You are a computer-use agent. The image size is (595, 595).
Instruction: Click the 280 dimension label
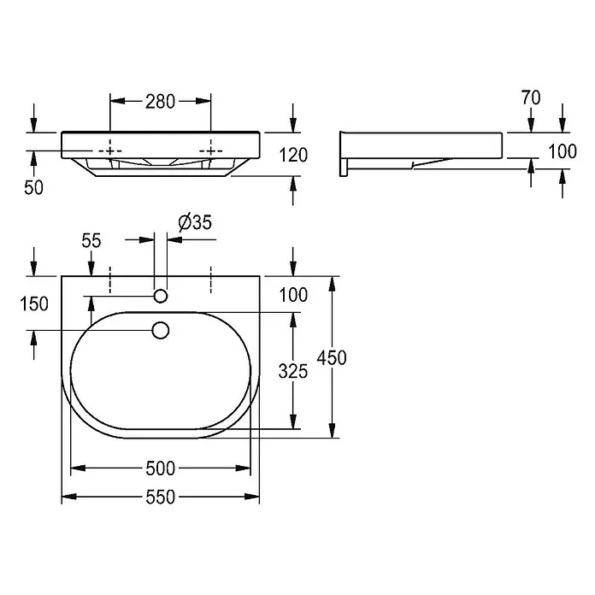tap(160, 102)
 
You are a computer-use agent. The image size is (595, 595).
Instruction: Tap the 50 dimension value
tap(34, 187)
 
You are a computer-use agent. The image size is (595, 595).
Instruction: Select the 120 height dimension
tap(293, 156)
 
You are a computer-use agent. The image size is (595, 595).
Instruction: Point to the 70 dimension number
tap(531, 98)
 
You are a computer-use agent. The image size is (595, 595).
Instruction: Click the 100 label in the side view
tap(563, 152)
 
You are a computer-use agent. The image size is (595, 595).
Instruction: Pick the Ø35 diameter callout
tap(195, 222)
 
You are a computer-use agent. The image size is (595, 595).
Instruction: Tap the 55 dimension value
tap(91, 240)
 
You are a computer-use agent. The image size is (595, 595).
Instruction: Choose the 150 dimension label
tap(34, 304)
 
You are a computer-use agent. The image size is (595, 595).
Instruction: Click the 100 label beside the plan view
tap(293, 295)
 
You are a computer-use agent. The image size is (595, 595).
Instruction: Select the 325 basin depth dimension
tap(293, 371)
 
